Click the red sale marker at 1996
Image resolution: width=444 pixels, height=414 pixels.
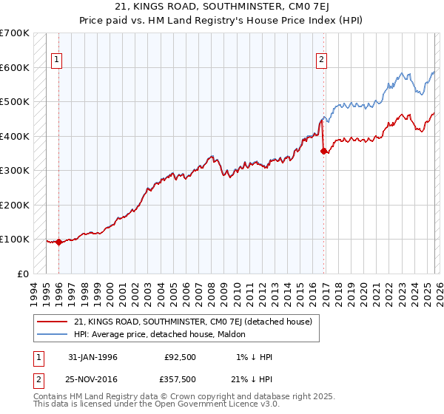pos(59,242)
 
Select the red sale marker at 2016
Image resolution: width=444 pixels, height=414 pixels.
pos(324,151)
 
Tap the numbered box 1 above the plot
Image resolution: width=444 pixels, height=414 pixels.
pos(56,61)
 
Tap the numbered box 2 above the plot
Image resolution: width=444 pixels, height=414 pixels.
pos(321,61)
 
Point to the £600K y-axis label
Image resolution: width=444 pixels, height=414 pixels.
pos(15,67)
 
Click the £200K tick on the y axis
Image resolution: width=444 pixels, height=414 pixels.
pos(15,205)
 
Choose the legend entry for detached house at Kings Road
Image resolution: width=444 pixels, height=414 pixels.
pos(193,322)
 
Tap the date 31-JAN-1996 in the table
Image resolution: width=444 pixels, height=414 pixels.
pos(92,357)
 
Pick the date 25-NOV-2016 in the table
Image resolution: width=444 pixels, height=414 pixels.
pos(92,379)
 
